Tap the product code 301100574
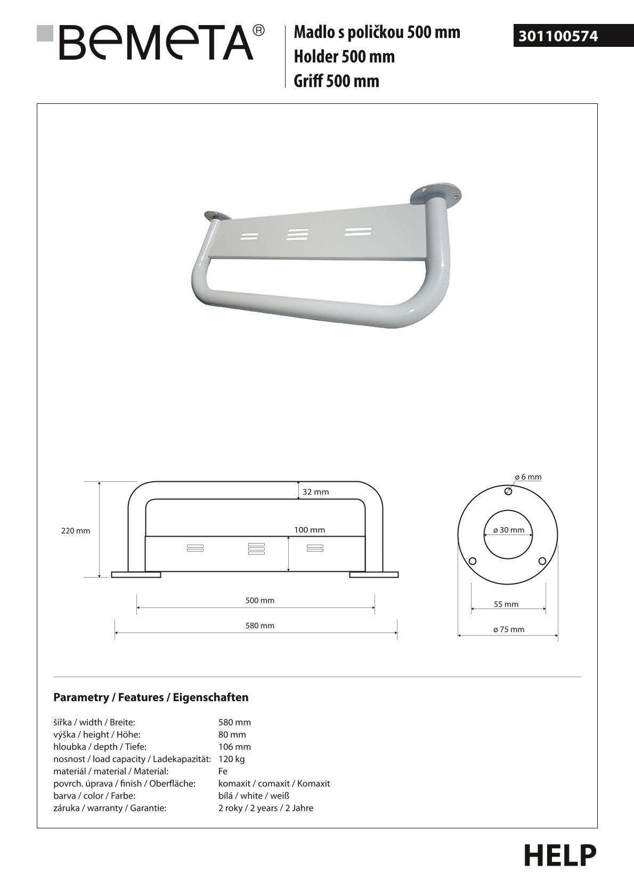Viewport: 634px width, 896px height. (x=558, y=36)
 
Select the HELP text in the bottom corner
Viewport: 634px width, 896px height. (x=559, y=856)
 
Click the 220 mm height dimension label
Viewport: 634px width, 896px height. (x=76, y=531)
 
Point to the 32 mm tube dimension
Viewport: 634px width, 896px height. (x=316, y=492)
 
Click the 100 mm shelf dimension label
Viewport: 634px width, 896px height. (x=310, y=530)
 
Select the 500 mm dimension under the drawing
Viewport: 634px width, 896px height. (x=260, y=601)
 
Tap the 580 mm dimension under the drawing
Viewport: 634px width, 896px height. (x=260, y=626)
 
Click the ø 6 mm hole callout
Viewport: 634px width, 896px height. (x=528, y=477)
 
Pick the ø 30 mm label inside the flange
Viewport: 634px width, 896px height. (x=509, y=530)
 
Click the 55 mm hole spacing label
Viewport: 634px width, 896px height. (x=506, y=604)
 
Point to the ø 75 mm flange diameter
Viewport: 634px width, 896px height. (x=509, y=629)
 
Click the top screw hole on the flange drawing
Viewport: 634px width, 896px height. (x=508, y=491)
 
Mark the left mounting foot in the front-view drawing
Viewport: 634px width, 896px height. (x=136, y=574)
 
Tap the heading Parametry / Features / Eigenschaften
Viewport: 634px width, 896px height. (x=151, y=697)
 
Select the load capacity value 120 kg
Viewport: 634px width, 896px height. (x=232, y=759)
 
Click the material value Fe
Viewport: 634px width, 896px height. (x=223, y=771)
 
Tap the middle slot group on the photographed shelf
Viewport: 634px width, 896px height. (x=297, y=235)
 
